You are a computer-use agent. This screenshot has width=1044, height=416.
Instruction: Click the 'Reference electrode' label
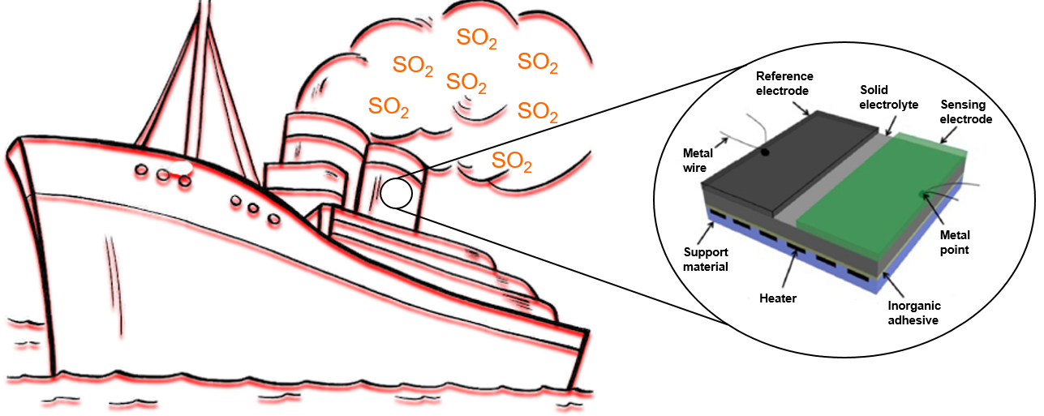pyautogui.click(x=784, y=84)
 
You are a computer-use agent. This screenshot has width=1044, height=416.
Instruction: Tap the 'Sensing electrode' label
pyautogui.click(x=965, y=112)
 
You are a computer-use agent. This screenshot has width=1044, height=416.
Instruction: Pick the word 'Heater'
pyautogui.click(x=778, y=298)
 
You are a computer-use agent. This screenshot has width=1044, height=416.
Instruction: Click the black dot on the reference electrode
pyautogui.click(x=765, y=151)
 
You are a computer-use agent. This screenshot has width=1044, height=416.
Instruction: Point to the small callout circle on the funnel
pyautogui.click(x=396, y=193)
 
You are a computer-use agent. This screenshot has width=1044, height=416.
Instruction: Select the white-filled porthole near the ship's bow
pyautogui.click(x=180, y=168)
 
